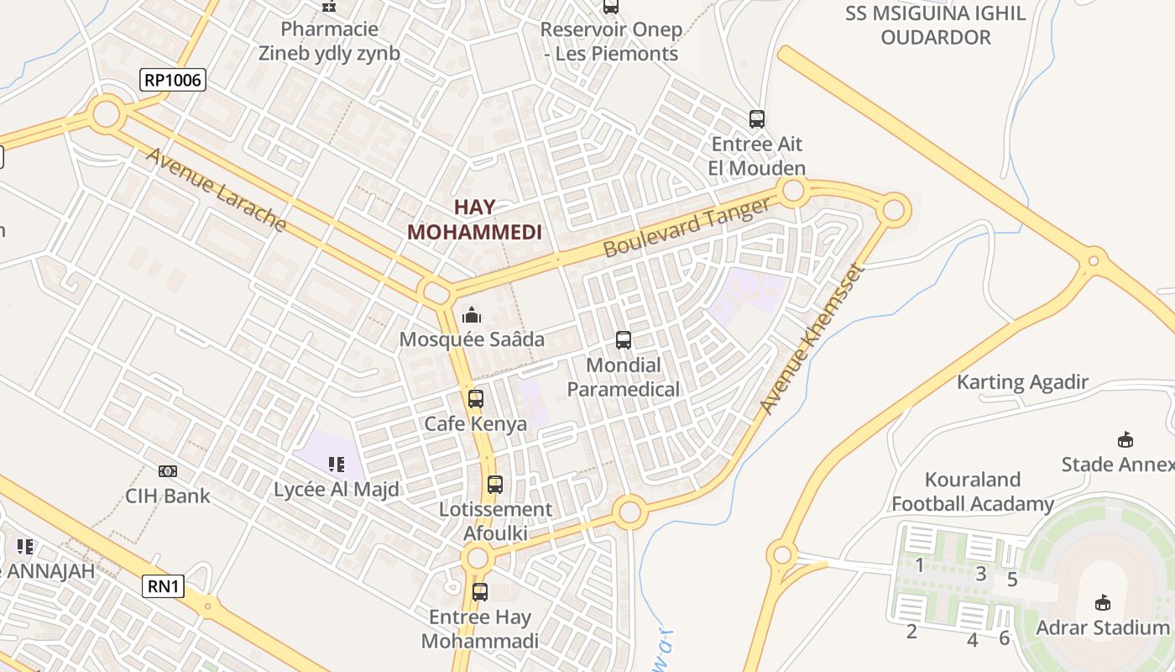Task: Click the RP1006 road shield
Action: click(172, 80)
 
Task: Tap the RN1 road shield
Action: click(164, 585)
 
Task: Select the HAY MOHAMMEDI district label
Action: click(475, 219)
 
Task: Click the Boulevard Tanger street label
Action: click(687, 228)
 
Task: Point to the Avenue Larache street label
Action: click(217, 191)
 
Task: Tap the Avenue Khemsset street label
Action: click(811, 339)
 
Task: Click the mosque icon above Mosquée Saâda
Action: click(472, 316)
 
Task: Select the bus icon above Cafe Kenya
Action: click(476, 399)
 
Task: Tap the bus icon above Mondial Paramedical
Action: click(624, 340)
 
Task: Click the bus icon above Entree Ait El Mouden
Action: click(757, 119)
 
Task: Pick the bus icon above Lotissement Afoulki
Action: click(495, 485)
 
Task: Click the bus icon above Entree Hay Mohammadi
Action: click(480, 592)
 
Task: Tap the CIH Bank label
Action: click(168, 496)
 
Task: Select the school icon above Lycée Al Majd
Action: click(337, 465)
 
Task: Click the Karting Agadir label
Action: click(1022, 382)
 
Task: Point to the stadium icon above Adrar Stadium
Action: click(1103, 602)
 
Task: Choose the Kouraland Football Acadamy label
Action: click(973, 491)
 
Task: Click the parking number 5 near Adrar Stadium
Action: click(1012, 580)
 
